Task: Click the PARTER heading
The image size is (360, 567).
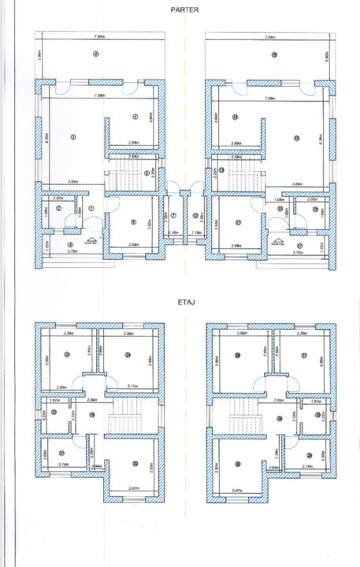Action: pos(180,10)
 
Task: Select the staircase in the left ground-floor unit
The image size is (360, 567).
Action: pos(122,180)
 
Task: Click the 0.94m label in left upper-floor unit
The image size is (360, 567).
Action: pos(97,467)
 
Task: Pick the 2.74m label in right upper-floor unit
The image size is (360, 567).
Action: pos(308,467)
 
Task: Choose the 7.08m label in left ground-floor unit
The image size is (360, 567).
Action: pos(100,96)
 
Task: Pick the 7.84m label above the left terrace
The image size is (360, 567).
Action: pos(100,36)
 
